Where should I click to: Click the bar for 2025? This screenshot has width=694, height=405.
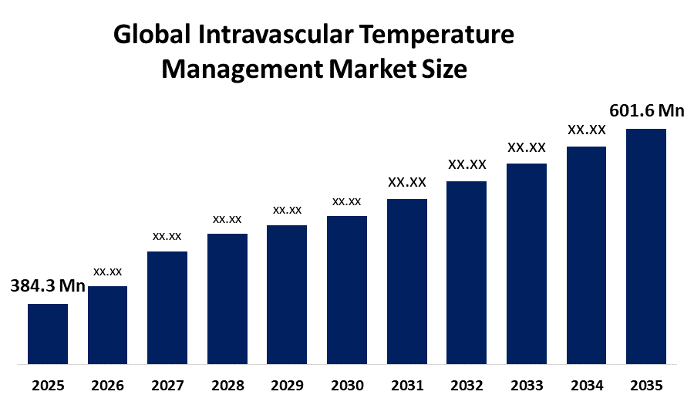(48, 333)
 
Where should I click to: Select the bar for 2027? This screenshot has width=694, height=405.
(167, 307)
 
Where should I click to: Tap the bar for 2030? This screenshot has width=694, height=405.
(347, 289)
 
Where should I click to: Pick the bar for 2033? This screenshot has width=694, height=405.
(527, 263)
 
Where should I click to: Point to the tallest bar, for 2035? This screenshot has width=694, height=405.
(646, 245)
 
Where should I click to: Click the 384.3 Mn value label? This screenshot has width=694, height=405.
(48, 286)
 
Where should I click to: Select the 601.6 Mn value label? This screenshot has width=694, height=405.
(647, 111)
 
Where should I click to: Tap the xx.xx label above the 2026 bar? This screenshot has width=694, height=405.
(108, 272)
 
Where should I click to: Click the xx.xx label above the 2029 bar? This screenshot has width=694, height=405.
(287, 210)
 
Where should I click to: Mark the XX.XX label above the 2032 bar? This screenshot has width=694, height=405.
(467, 164)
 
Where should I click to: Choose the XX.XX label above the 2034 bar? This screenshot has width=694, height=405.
(587, 130)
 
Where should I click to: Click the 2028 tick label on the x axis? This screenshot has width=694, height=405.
(227, 385)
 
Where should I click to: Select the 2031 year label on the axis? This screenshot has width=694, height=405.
(407, 385)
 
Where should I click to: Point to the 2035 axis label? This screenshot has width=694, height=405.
(646, 385)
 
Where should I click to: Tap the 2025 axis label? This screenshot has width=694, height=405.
(48, 385)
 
